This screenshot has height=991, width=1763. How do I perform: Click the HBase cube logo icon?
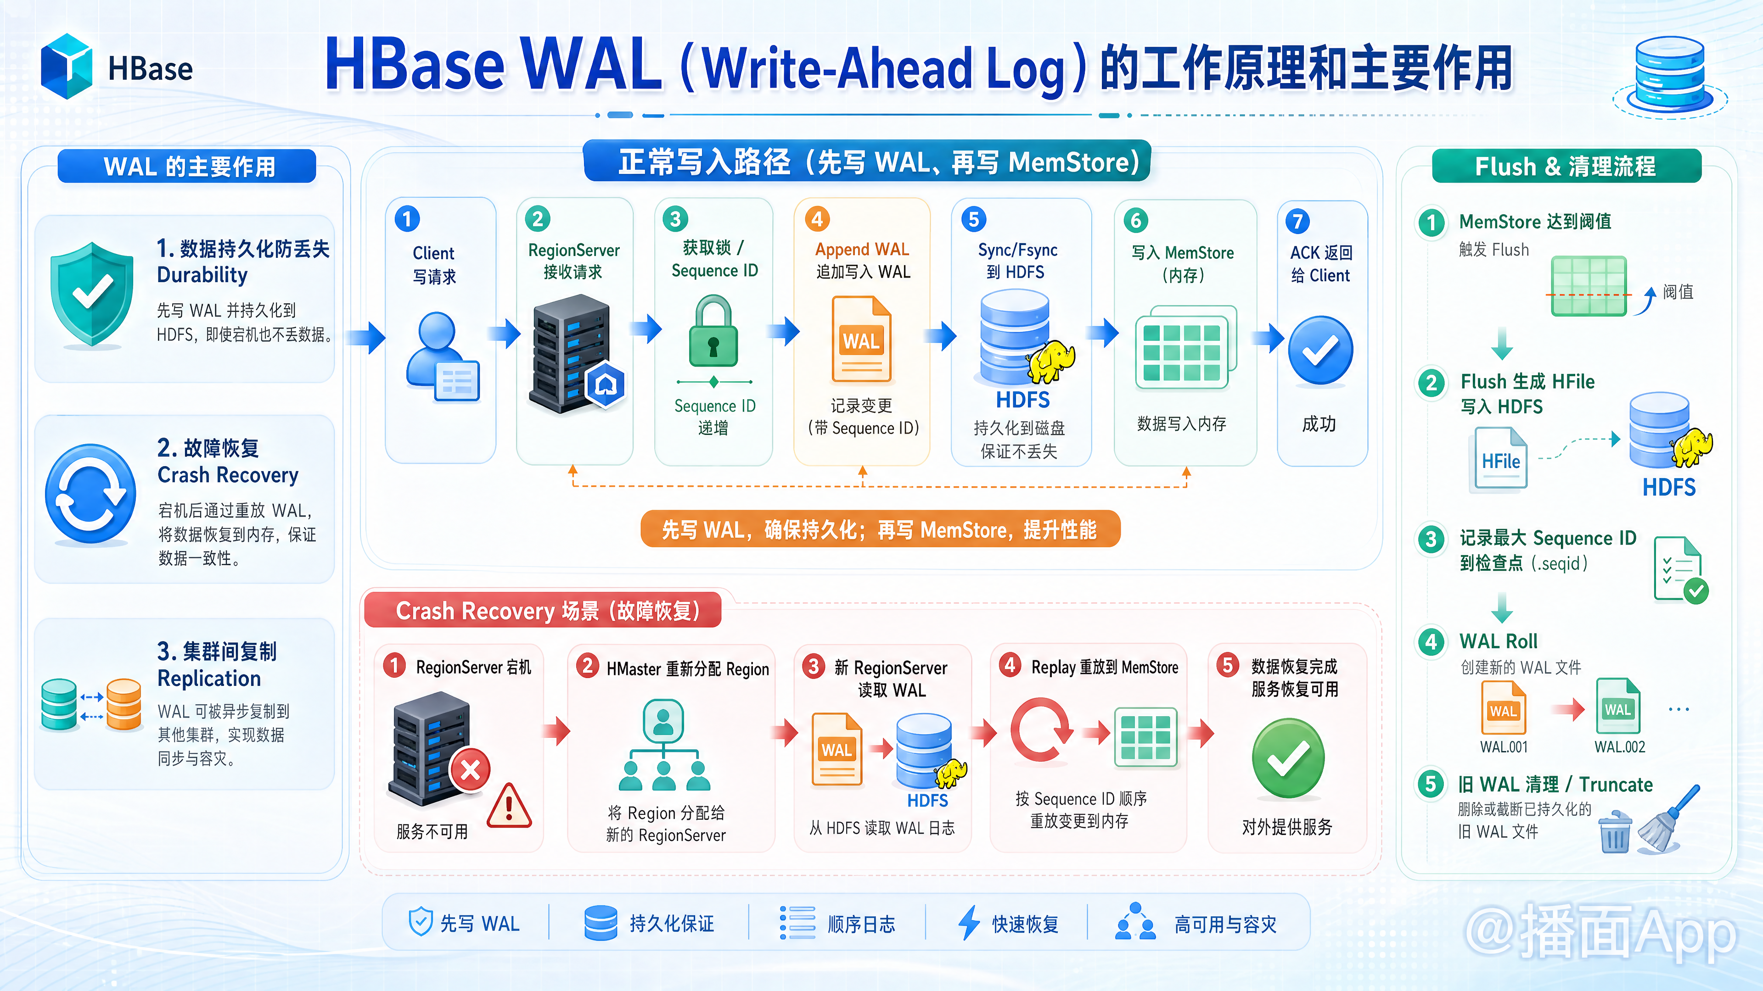[67, 67]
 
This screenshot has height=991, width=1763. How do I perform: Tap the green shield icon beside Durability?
[92, 294]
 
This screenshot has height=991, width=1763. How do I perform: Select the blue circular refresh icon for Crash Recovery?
[90, 494]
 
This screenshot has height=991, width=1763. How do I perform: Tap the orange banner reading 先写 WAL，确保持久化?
[880, 529]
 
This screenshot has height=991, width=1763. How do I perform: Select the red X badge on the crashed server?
[470, 770]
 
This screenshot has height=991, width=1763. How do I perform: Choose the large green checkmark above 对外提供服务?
[1288, 758]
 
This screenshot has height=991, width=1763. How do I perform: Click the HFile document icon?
[1501, 458]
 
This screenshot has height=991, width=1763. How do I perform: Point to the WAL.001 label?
[1504, 747]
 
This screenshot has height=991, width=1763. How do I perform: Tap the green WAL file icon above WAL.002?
[1618, 707]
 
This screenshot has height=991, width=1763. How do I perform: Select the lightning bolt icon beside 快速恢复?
[969, 923]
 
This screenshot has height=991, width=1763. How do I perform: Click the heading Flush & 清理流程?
[1566, 166]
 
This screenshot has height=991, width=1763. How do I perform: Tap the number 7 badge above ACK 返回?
[1297, 221]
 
